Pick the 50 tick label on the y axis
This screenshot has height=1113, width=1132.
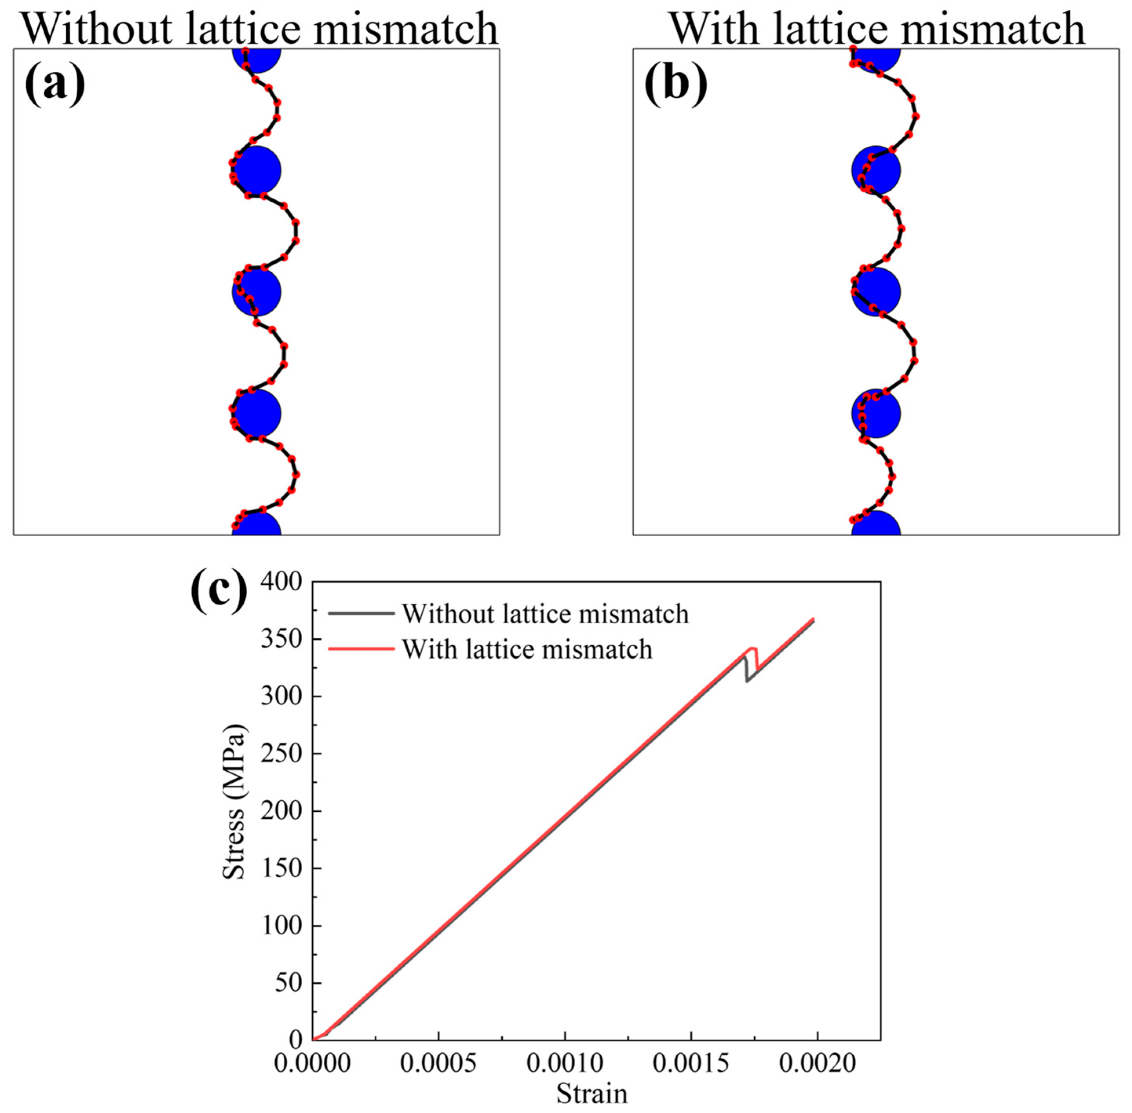pos(290,983)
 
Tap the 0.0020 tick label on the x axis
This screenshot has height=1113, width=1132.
pos(817,1063)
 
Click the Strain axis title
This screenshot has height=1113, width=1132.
pos(591,1093)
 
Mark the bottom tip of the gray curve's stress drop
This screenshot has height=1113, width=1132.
pos(747,681)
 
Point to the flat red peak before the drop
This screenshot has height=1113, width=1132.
pos(753,648)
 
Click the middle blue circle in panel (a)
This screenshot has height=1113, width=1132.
pos(256,292)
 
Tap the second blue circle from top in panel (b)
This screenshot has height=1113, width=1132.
pos(875,171)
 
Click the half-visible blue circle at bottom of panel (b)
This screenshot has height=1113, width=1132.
pos(875,525)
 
